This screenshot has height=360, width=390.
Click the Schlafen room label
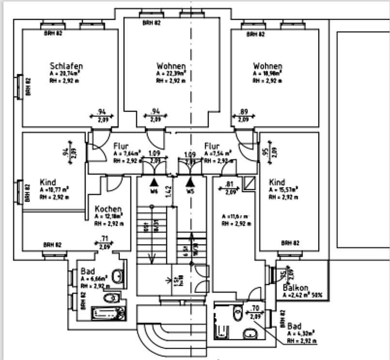click(66, 66)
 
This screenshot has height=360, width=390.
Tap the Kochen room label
click(105, 209)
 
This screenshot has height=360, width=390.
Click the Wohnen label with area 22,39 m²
click(171, 66)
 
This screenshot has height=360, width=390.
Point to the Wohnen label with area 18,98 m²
click(267, 66)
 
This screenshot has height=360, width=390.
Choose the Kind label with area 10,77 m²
click(48, 182)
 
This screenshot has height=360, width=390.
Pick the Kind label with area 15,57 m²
click(277, 182)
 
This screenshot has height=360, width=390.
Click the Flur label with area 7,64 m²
click(121, 146)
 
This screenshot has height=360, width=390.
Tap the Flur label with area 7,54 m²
click(212, 146)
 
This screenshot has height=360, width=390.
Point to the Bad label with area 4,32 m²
click(294, 327)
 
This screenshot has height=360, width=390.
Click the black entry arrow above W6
click(154, 182)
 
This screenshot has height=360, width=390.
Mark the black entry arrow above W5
click(190, 182)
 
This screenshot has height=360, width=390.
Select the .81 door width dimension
click(230, 184)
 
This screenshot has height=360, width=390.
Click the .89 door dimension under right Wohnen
click(244, 112)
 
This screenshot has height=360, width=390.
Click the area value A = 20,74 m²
click(66, 73)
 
